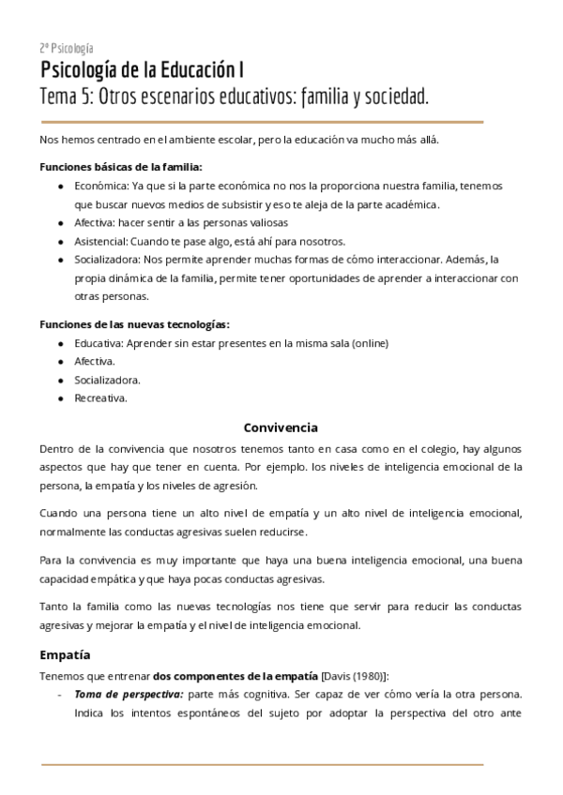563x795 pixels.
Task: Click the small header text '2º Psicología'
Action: [67, 48]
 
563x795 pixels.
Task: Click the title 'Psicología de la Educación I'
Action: [144, 70]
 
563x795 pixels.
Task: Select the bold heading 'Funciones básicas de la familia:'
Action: [120, 167]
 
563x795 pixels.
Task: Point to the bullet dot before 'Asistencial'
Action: [61, 241]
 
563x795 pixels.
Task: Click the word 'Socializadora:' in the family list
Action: [108, 259]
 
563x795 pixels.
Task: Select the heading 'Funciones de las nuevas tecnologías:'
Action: [134, 324]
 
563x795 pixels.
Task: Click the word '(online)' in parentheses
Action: [368, 343]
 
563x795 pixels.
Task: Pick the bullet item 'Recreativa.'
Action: [101, 397]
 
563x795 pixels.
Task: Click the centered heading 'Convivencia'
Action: [281, 427]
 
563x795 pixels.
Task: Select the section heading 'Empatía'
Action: [65, 654]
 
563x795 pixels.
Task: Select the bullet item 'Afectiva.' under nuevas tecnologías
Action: [96, 361]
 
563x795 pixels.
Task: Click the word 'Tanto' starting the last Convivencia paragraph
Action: [54, 607]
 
